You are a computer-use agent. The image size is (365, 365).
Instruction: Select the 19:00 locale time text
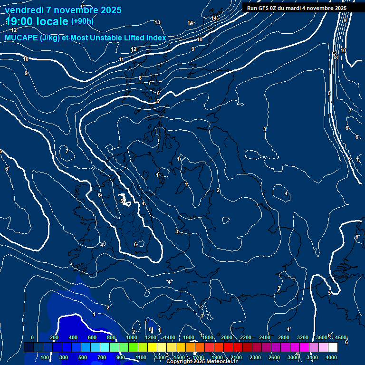(37, 21)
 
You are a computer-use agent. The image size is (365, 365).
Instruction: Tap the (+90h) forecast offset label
(82, 21)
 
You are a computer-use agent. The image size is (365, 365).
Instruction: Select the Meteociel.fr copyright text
(202, 361)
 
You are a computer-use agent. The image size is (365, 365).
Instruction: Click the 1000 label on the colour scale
(132, 337)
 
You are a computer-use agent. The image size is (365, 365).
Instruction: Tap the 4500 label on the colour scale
(340, 337)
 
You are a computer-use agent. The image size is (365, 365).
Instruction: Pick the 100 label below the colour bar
(46, 357)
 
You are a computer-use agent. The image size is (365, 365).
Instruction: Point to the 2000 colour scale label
(227, 337)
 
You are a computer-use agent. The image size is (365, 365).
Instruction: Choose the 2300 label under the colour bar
(255, 357)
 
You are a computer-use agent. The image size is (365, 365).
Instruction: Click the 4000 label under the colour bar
(331, 357)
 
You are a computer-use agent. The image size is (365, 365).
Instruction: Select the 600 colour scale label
(92, 337)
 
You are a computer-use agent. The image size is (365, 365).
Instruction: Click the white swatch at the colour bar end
(333, 347)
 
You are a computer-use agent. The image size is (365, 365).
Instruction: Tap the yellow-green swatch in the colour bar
(143, 347)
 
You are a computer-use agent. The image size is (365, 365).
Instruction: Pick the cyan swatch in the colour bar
(105, 347)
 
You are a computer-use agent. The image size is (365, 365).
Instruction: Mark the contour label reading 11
(121, 59)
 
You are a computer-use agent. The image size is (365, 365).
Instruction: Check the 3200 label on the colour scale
(303, 337)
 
